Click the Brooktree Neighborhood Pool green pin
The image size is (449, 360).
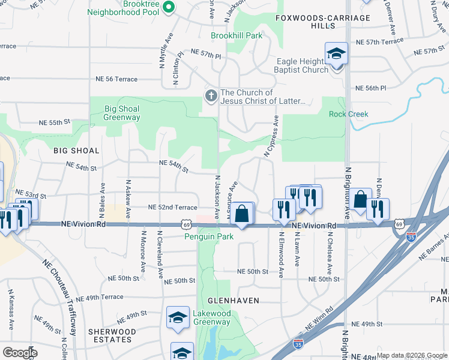[169, 8]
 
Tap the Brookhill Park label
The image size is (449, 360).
[237, 36]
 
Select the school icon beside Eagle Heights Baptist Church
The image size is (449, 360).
[336, 55]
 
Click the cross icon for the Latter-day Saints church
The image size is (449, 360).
[211, 96]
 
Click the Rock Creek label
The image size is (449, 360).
[349, 114]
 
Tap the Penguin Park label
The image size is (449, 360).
[209, 237]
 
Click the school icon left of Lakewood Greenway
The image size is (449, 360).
[178, 319]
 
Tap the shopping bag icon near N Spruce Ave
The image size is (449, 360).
[241, 214]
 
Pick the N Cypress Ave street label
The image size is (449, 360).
[271, 137]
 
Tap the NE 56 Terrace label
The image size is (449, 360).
[116, 79]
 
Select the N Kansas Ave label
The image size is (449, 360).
[11, 310]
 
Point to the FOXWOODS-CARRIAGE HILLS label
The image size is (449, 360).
[323, 22]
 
